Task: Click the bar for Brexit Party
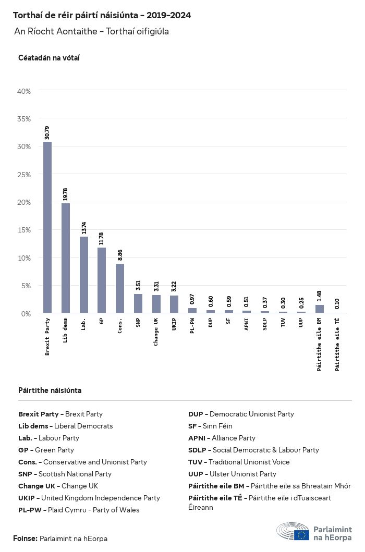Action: (47, 227)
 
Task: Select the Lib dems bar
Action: (66, 258)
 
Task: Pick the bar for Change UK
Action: (156, 304)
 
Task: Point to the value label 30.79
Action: (47, 133)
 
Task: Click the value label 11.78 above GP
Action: (102, 239)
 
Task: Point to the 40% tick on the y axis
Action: (25, 91)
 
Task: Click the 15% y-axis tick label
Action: (25, 230)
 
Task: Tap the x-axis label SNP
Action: (138, 322)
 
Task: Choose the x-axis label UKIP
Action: (175, 324)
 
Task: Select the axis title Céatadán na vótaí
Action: (49, 58)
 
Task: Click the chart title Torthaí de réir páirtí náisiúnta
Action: (102, 16)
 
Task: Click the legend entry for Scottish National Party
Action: (65, 474)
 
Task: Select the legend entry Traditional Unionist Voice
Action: (239, 462)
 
